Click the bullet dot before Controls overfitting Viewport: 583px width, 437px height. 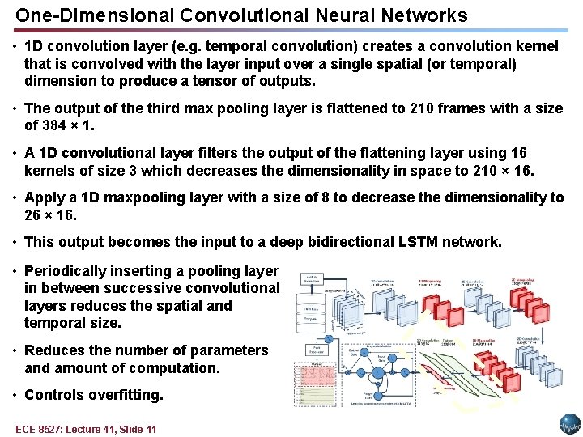click(x=15, y=395)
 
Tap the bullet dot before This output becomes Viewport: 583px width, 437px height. click(x=15, y=242)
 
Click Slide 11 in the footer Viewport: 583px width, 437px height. click(x=137, y=429)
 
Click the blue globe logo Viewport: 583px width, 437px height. click(x=569, y=424)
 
